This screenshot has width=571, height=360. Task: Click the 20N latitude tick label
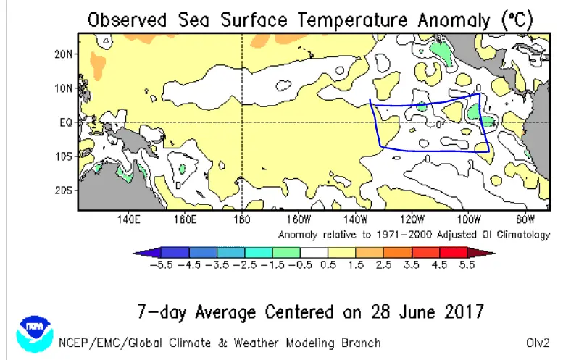pos(63,54)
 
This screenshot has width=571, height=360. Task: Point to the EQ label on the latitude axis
pos(66,122)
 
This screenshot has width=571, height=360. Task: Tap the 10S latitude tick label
pos(63,156)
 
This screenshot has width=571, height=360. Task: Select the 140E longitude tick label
pos(128,219)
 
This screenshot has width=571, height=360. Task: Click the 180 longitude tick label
pos(242,219)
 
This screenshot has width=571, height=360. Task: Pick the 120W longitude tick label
pos(412,219)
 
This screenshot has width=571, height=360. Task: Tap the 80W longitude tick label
pos(525,219)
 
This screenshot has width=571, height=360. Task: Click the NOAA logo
pos(35,334)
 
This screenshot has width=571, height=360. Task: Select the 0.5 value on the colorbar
pos(328,264)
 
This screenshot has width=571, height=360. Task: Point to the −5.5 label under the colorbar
pos(161,264)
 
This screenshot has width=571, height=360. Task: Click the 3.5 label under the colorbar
pos(411,264)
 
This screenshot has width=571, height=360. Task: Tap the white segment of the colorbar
pos(314,252)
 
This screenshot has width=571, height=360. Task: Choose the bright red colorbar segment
pos(454,252)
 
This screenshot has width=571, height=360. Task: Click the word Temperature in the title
pos(351,20)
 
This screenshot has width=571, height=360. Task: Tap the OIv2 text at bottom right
pos(538,343)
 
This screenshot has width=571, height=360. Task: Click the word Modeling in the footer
pos(310,343)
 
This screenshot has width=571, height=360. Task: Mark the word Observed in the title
pos(127,20)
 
